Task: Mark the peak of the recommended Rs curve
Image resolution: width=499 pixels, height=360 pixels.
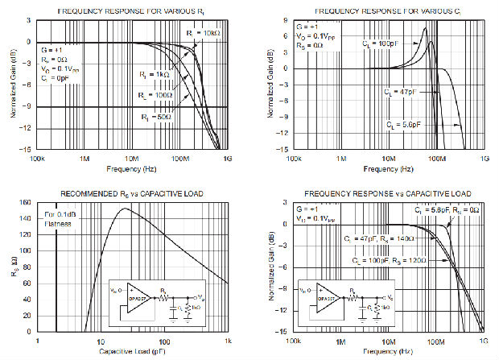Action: point(122,209)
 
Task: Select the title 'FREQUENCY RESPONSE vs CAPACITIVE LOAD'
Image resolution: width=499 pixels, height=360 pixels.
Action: point(386,194)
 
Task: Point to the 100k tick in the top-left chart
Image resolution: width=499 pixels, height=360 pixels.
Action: point(35,157)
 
